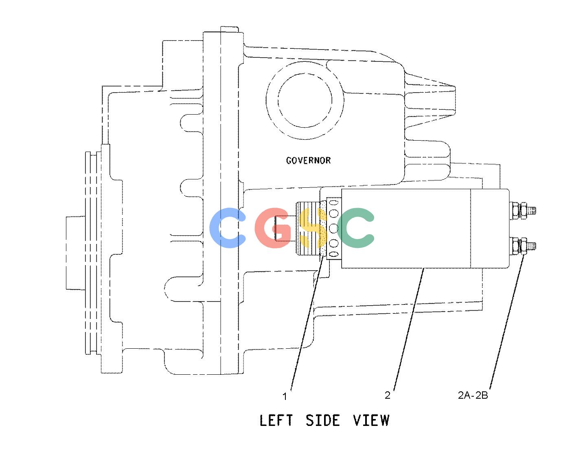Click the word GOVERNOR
pos(308,161)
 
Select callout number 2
pos(388,395)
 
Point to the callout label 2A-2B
pos(473,395)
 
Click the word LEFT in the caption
pos(276,420)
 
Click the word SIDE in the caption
pos(323,420)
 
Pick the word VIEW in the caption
pos(371,420)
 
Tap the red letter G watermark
pos(272,228)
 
